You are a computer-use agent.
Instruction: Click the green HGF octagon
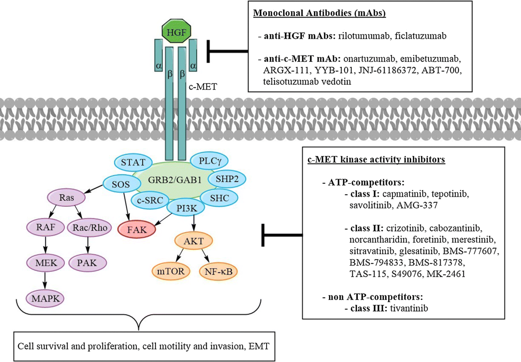[177, 31]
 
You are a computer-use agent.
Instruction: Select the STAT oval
[133, 162]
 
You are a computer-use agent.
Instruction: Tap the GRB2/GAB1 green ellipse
[175, 180]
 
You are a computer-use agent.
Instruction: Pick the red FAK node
[137, 230]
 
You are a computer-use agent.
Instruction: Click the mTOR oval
[171, 271]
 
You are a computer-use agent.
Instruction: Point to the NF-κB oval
[218, 272]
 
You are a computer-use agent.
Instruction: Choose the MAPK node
[45, 299]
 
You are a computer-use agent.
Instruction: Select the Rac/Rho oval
[89, 227]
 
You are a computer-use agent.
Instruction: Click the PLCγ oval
[209, 161]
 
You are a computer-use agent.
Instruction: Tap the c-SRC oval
[150, 200]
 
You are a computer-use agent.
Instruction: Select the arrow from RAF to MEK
[45, 245]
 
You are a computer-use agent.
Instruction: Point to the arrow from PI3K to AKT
[194, 223]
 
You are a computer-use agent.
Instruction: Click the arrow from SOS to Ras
[93, 189]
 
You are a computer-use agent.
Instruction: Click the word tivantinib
[409, 308]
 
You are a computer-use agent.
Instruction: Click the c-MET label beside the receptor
[203, 86]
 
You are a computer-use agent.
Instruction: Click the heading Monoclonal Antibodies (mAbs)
[320, 13]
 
